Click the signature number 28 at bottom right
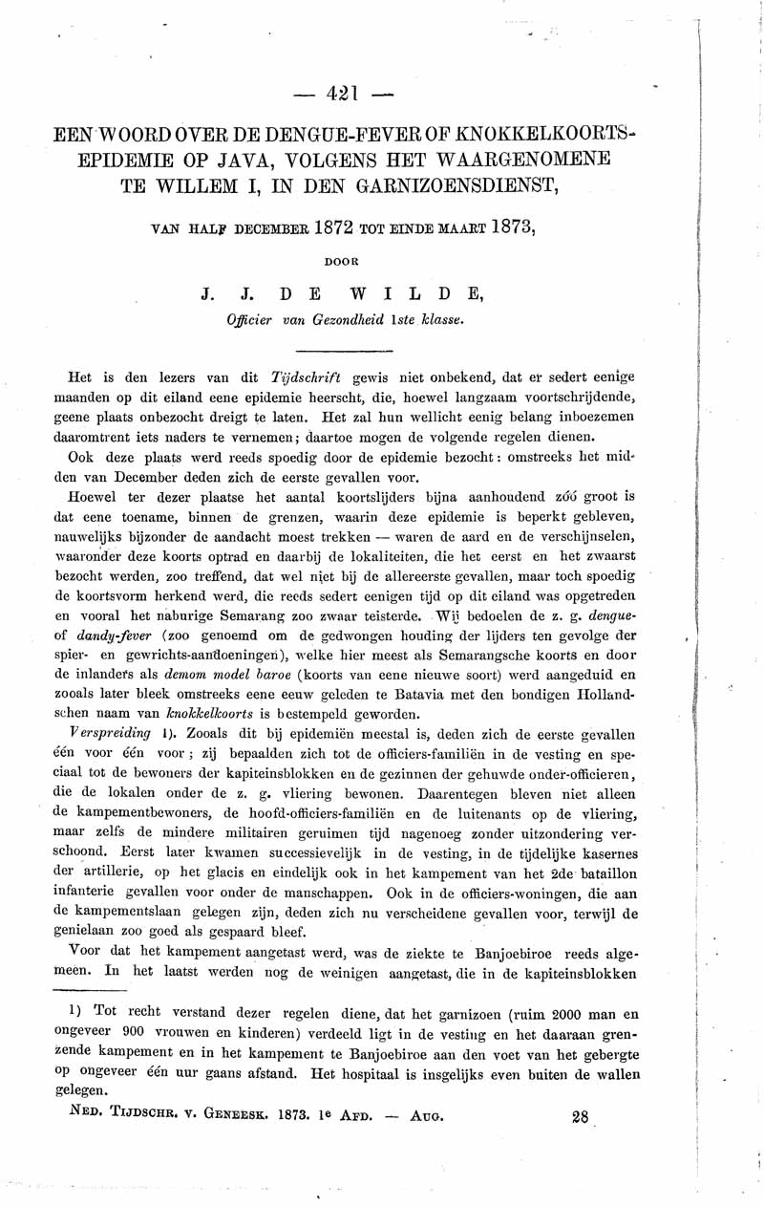(x=579, y=1115)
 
